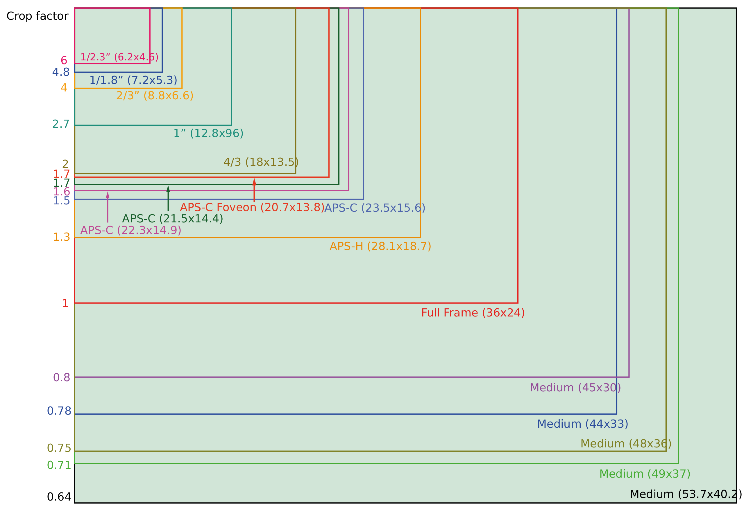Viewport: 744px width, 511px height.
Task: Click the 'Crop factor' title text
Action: click(x=37, y=16)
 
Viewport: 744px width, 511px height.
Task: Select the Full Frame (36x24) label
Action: click(x=473, y=313)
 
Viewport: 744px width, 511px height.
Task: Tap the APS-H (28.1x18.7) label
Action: click(x=380, y=246)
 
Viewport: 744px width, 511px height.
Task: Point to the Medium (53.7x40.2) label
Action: click(x=686, y=494)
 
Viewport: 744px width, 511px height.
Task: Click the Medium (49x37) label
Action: click(x=645, y=474)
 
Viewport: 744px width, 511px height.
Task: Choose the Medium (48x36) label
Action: click(x=626, y=444)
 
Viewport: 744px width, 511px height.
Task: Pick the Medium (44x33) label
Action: click(x=583, y=424)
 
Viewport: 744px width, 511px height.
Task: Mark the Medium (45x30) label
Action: click(x=575, y=388)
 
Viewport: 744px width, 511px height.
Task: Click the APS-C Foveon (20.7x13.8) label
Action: click(x=252, y=208)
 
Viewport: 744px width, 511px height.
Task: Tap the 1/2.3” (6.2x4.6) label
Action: click(x=119, y=57)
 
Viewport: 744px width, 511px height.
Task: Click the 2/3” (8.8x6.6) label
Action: click(x=155, y=96)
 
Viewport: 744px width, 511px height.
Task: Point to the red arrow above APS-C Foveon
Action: click(x=254, y=190)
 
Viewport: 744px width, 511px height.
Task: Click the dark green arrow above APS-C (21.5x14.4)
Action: click(x=168, y=198)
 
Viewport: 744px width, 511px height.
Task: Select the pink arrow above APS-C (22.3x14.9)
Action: click(x=108, y=207)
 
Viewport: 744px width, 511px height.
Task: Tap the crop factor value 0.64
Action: click(x=59, y=497)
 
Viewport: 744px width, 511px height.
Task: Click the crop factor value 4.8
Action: click(x=61, y=72)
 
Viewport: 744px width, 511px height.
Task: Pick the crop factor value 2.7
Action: click(x=61, y=124)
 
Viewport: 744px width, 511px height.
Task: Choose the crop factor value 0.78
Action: click(x=59, y=411)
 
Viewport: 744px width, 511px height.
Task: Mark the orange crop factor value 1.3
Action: click(x=62, y=237)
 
